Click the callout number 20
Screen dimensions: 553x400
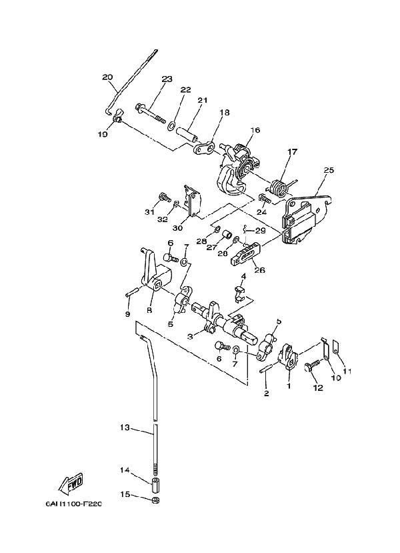(107, 77)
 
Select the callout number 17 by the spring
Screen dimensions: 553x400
(291, 152)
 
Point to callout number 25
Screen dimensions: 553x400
(328, 170)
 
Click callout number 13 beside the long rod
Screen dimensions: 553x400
(125, 428)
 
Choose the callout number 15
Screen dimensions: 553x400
(125, 494)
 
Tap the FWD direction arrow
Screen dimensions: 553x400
(72, 482)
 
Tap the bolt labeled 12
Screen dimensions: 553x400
(311, 366)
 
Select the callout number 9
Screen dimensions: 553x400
(127, 313)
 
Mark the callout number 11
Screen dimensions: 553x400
(347, 370)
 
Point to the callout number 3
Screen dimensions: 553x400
(190, 337)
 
